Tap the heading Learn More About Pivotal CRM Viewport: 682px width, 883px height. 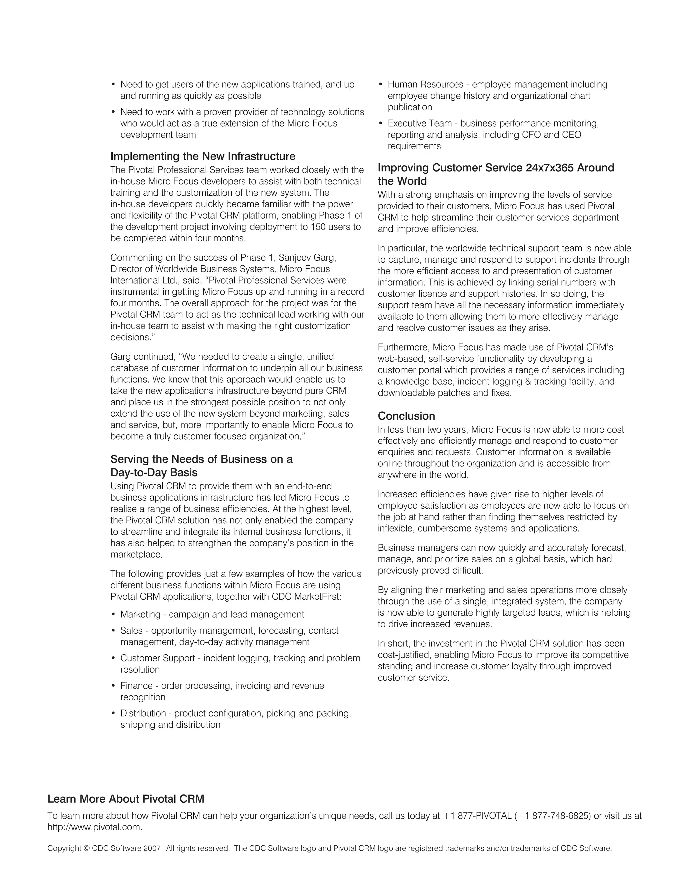point(126,799)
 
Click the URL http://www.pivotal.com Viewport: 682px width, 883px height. point(95,827)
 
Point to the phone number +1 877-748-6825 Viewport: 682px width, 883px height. point(553,816)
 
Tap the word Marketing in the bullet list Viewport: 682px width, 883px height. point(140,614)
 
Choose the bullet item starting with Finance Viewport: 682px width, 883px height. point(222,686)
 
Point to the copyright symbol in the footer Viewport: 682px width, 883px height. point(86,849)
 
